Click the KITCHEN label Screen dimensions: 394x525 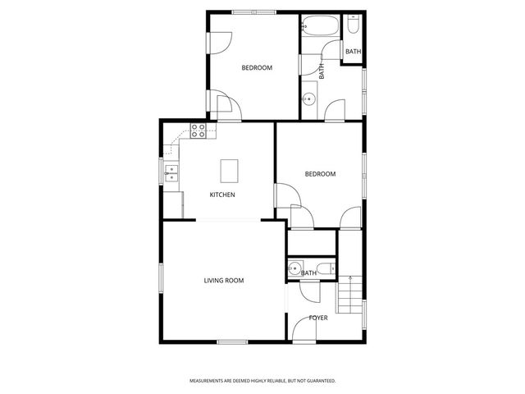[222, 195]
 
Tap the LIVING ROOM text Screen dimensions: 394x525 [224, 281]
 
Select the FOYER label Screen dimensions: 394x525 [318, 318]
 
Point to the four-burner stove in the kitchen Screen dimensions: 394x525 [199, 131]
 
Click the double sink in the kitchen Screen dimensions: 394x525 [172, 172]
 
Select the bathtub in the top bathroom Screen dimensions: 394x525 [317, 26]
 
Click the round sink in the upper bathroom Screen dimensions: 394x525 [309, 100]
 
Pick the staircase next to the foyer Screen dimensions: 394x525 [350, 290]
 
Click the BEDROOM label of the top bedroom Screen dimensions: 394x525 [256, 68]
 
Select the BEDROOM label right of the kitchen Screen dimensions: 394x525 [320, 174]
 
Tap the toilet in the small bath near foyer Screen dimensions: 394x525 [327, 268]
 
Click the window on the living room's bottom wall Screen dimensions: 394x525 [232, 341]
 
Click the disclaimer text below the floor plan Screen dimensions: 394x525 [262, 381]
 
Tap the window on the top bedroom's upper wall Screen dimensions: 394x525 [253, 11]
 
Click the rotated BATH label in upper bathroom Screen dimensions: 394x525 [322, 71]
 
